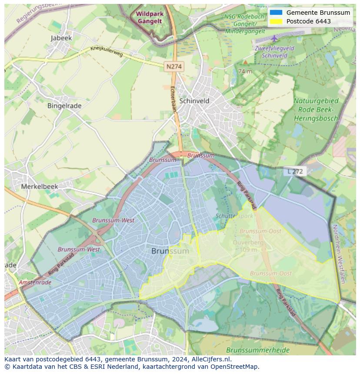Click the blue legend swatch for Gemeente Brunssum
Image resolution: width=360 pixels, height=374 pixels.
pyautogui.click(x=276, y=13)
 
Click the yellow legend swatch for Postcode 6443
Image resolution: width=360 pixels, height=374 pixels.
pyautogui.click(x=276, y=21)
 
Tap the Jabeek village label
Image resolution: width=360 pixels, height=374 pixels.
pyautogui.click(x=61, y=38)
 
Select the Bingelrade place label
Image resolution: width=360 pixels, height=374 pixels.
pyautogui.click(x=64, y=106)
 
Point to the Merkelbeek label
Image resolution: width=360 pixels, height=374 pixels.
pyautogui.click(x=40, y=186)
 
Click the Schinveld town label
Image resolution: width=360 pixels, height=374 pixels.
pyautogui.click(x=194, y=101)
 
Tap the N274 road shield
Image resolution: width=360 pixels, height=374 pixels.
pyautogui.click(x=174, y=66)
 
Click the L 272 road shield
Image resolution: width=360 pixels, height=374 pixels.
pyautogui.click(x=295, y=172)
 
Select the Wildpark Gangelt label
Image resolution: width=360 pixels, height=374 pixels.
pyautogui.click(x=150, y=17)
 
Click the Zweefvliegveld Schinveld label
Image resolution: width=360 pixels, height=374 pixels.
pyautogui.click(x=274, y=52)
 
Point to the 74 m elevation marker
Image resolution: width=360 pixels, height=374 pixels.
pyautogui.click(x=245, y=71)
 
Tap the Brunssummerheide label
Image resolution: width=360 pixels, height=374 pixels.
pyautogui.click(x=258, y=350)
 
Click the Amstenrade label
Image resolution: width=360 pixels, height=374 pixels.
pyautogui.click(x=35, y=282)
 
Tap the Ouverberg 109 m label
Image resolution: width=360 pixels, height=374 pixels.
pyautogui.click(x=248, y=246)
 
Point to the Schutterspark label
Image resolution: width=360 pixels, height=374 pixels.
pyautogui.click(x=234, y=216)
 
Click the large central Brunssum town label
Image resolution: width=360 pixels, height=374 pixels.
pyautogui.click(x=170, y=251)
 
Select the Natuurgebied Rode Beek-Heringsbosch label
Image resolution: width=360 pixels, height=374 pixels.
pyautogui.click(x=316, y=109)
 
